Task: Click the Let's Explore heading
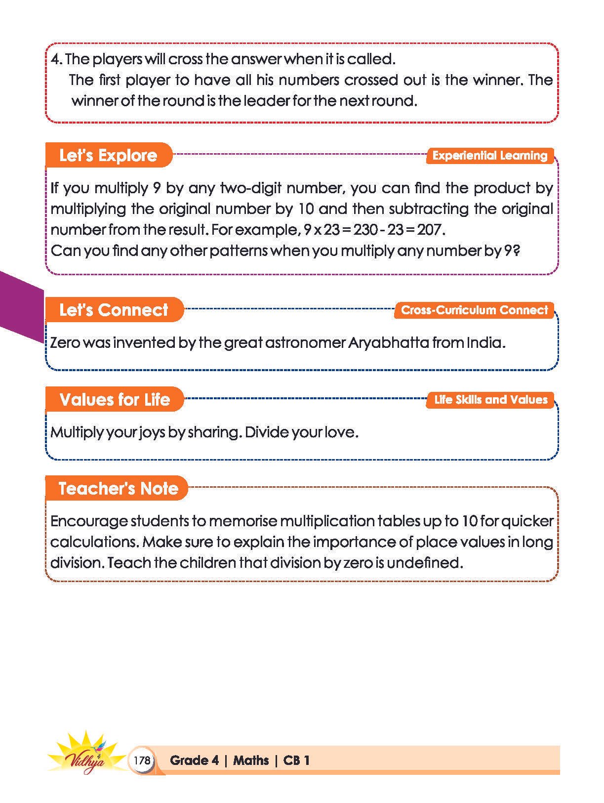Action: pos(108,155)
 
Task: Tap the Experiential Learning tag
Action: pos(490,156)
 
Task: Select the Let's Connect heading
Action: pos(114,310)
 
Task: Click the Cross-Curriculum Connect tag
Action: pos(474,310)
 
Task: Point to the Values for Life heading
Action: pos(115,399)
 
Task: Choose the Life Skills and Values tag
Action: pos(490,400)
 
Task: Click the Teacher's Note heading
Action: pos(118,488)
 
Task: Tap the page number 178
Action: pos(142,760)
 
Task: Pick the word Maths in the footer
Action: pos(251,760)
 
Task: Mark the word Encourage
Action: pos(88,521)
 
